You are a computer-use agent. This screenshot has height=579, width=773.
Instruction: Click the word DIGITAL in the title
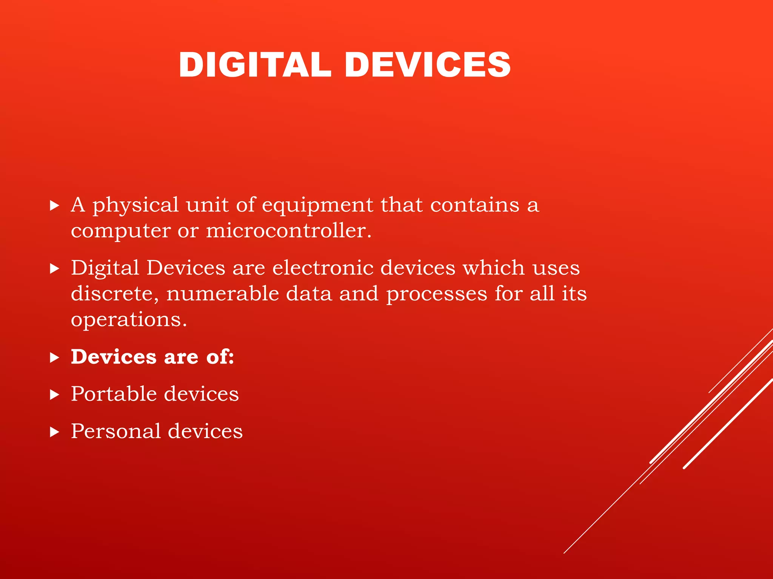point(255,65)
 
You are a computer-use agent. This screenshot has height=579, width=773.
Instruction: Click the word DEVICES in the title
point(428,65)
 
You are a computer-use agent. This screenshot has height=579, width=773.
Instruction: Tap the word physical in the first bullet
point(136,206)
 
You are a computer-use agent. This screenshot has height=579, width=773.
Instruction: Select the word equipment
point(317,206)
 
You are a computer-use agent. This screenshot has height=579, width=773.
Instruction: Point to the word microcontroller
point(289,230)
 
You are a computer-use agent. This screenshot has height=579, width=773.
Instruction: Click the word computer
point(121,230)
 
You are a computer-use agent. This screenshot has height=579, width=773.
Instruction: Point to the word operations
point(129,320)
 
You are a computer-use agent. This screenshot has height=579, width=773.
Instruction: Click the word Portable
point(114,394)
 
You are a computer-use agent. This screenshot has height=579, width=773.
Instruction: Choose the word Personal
point(115,431)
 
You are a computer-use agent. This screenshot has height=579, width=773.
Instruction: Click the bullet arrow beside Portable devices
point(55,395)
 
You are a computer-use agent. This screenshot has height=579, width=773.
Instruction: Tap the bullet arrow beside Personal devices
point(55,432)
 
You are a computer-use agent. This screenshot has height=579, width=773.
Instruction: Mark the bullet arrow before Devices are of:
point(55,358)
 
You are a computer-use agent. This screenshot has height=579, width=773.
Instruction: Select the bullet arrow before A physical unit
point(55,205)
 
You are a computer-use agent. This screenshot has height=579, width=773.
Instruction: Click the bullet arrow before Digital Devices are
point(55,269)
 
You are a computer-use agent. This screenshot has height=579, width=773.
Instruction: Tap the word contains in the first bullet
point(475,205)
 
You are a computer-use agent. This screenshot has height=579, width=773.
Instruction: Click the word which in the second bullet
point(494,268)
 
